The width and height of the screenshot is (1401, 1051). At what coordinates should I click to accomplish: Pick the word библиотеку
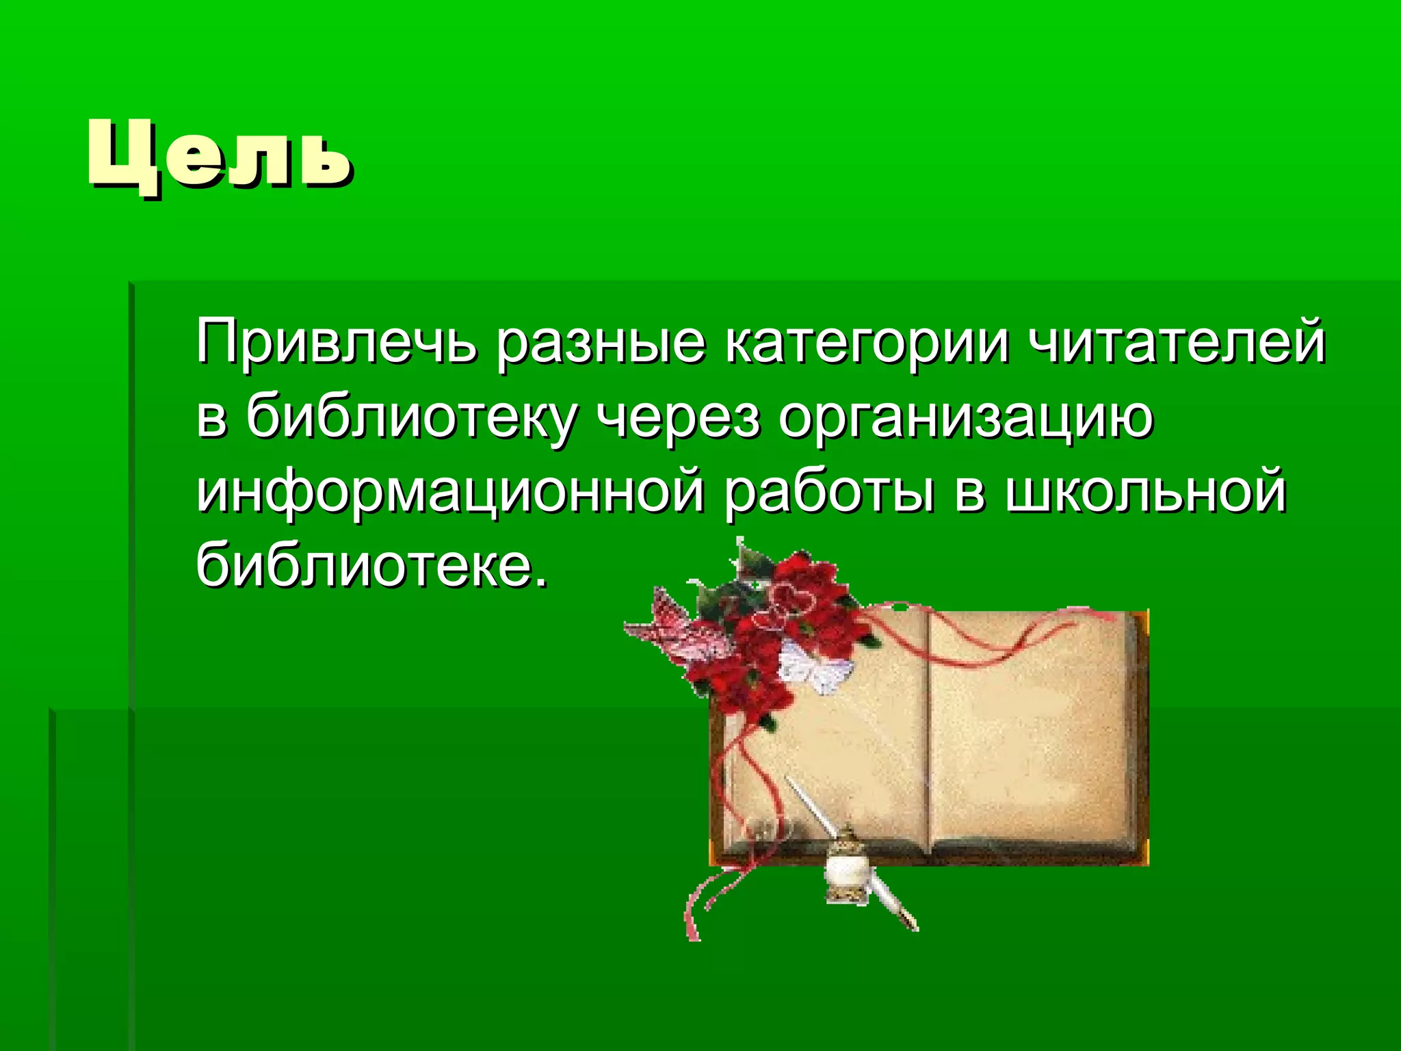pyautogui.click(x=411, y=419)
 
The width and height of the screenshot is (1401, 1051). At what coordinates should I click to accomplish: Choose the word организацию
pyautogui.click(x=965, y=419)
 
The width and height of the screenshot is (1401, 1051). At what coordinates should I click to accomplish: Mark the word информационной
pyautogui.click(x=449, y=493)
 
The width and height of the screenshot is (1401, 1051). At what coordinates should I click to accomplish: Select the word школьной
pyautogui.click(x=1146, y=493)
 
